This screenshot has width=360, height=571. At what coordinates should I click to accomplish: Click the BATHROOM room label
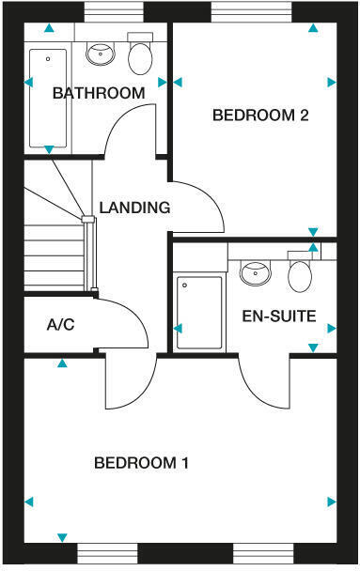click(99, 93)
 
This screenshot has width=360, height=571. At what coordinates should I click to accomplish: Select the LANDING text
click(134, 208)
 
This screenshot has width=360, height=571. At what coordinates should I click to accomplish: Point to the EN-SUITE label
click(278, 316)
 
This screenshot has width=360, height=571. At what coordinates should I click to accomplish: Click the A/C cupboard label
click(60, 325)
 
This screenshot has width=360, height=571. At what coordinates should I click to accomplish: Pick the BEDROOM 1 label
click(142, 463)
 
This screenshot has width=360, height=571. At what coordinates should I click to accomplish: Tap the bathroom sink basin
click(99, 54)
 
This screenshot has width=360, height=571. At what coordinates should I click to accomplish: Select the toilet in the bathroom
click(140, 56)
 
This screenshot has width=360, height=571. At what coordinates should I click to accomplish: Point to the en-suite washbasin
click(255, 272)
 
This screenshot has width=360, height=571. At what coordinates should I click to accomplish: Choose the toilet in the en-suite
click(300, 273)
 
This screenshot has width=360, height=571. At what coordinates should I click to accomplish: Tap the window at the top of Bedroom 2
click(250, 11)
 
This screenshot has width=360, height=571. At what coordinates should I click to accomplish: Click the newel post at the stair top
click(89, 221)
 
